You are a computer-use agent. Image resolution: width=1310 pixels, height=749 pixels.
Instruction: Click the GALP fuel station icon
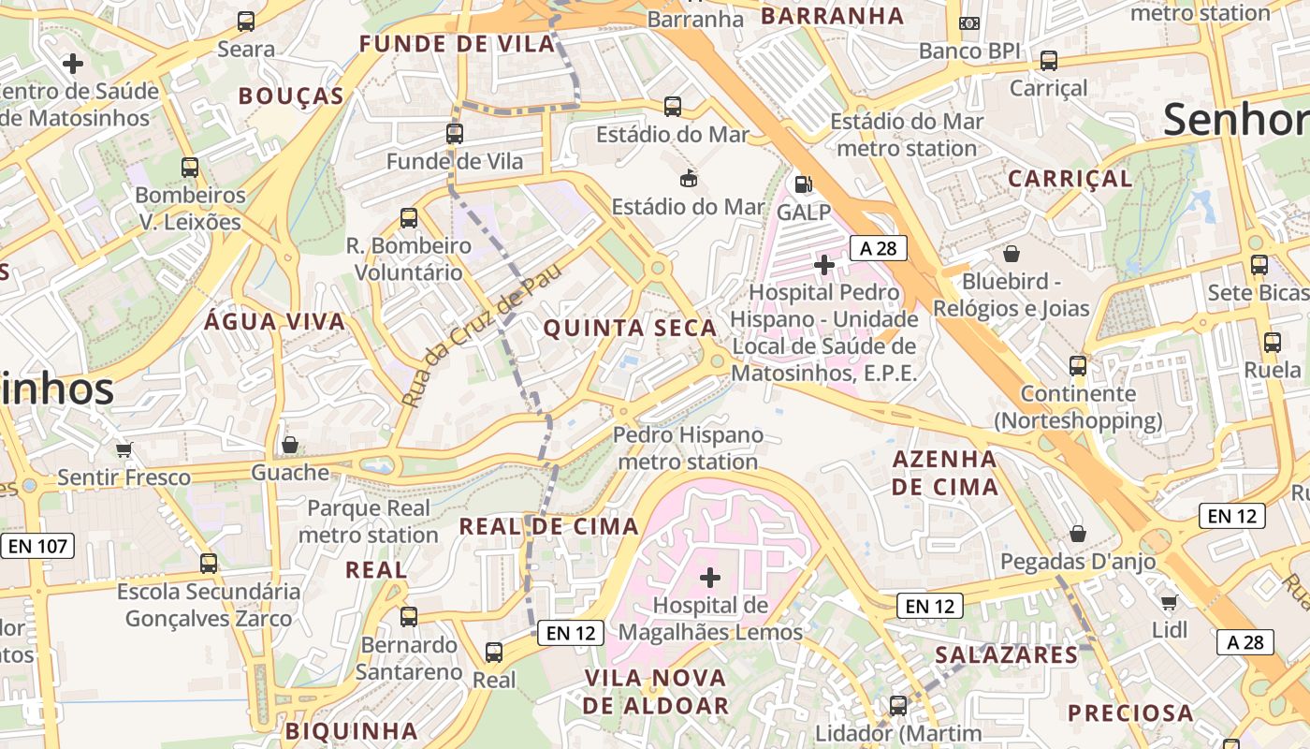click(x=802, y=184)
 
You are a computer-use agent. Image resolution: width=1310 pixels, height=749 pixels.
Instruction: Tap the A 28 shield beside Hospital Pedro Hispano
click(x=879, y=248)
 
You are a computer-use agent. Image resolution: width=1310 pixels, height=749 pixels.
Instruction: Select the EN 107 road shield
click(x=37, y=546)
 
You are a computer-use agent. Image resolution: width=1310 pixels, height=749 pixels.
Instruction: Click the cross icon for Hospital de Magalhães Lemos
click(x=710, y=577)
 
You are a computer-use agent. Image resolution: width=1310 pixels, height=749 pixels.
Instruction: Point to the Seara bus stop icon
click(x=246, y=22)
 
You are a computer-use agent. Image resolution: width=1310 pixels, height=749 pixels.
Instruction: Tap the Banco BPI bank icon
click(x=969, y=23)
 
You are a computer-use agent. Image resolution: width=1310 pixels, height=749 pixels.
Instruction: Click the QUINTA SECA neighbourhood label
click(x=630, y=329)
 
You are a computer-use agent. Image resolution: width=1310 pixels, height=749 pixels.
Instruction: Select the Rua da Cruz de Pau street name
click(x=482, y=334)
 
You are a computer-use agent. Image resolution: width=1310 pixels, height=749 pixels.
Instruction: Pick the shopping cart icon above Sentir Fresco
click(x=124, y=449)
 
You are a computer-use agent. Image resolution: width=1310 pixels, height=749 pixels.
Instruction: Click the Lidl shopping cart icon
click(x=1169, y=601)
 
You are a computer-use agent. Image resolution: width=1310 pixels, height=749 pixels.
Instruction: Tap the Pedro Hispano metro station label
click(x=688, y=448)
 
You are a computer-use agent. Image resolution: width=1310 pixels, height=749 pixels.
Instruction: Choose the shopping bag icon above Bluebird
click(x=1012, y=254)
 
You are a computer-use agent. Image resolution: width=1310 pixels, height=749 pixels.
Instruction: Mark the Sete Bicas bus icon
click(x=1259, y=265)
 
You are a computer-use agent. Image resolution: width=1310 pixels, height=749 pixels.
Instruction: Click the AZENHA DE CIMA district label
click(x=944, y=473)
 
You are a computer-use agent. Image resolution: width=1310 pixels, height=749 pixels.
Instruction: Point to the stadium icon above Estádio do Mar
click(x=689, y=177)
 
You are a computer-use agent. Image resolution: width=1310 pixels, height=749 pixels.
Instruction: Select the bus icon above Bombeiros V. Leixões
click(x=190, y=168)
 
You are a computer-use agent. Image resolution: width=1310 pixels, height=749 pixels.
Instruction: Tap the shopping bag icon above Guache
click(x=290, y=445)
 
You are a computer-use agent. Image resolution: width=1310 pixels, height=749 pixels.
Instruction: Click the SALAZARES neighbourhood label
click(x=1007, y=655)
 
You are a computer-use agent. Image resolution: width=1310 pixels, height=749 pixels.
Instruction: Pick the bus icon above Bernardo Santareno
click(x=409, y=617)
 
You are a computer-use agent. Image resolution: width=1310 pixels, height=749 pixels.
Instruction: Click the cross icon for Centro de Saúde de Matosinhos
click(x=72, y=64)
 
